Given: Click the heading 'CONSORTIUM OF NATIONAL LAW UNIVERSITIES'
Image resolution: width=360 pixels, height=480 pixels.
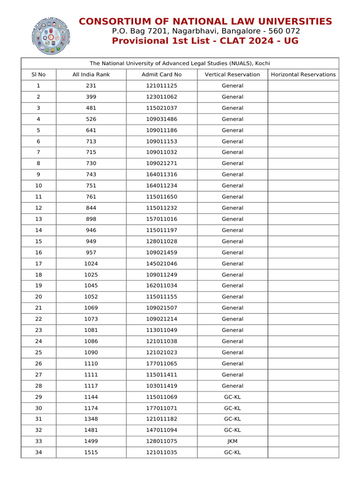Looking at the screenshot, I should [205, 22].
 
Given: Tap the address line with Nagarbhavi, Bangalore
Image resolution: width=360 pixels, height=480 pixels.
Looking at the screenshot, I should [205, 31].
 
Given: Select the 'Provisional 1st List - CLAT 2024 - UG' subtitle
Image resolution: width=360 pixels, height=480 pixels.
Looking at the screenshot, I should [205, 41].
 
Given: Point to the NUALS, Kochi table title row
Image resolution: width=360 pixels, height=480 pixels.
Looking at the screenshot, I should [180, 63].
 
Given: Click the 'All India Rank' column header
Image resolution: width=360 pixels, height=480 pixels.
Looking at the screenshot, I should [91, 75].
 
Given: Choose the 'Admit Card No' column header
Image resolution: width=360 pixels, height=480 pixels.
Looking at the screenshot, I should [161, 75].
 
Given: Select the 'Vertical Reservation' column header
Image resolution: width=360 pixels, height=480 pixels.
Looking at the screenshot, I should [232, 75].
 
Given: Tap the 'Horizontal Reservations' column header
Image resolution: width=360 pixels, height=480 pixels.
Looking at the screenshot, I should [303, 75].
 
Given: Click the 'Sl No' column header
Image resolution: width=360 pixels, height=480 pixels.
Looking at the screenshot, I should [38, 75].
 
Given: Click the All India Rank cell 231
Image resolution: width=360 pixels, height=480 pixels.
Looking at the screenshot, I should [91, 86].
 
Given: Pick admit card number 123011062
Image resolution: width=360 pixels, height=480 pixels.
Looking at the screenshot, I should [161, 97].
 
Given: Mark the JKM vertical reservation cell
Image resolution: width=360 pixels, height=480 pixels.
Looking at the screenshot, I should [232, 441].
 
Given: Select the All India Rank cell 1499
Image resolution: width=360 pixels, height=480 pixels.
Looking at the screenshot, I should [91, 441].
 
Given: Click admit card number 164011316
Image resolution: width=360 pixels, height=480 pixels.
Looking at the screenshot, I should [161, 174].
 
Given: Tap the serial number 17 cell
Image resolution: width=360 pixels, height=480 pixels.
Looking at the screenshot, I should [38, 263].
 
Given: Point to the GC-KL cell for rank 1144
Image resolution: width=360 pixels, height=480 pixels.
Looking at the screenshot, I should [232, 397].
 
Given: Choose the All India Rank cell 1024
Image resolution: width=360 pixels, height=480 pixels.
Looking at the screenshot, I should [91, 263].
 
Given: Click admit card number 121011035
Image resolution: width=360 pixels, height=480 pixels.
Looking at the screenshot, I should [161, 452].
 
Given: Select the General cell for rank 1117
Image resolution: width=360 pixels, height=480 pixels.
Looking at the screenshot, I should [232, 386].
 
